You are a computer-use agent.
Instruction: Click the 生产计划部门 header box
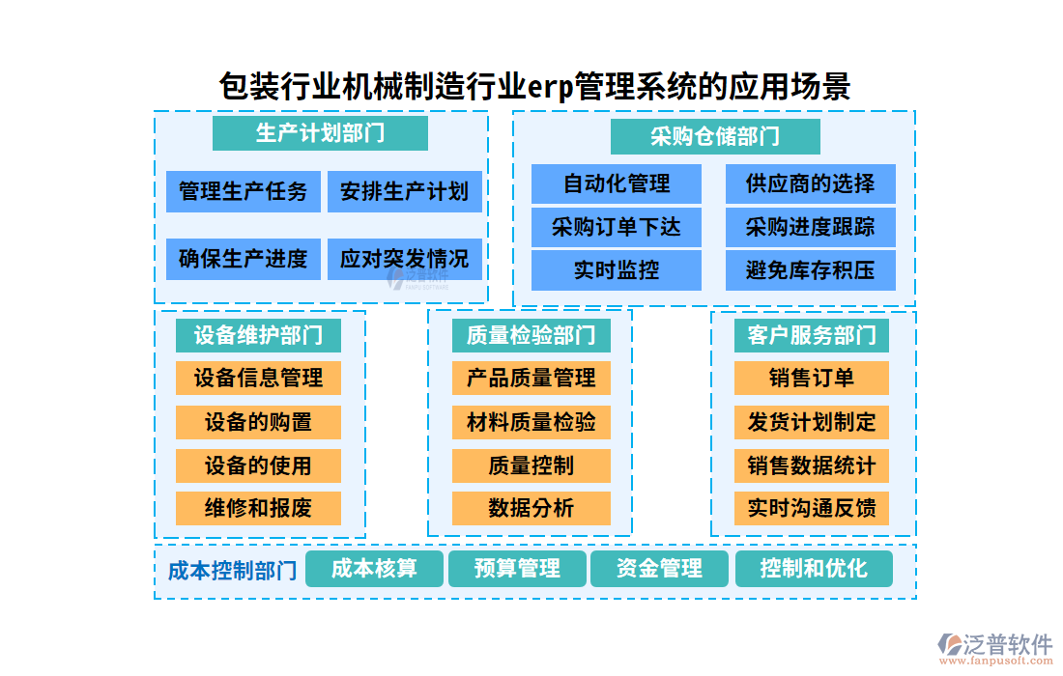[x=320, y=132]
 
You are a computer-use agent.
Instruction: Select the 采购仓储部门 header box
[x=715, y=136]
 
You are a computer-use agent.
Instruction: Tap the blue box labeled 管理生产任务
[x=244, y=191]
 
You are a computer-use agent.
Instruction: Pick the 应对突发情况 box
[x=404, y=259]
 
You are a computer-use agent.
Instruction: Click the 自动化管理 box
[x=617, y=183]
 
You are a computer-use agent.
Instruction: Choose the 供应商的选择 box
[x=810, y=183]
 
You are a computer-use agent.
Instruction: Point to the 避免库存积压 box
[x=810, y=270]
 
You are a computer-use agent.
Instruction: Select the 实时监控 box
[x=617, y=270]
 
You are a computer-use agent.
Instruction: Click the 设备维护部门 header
[x=258, y=335]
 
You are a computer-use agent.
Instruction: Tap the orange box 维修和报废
[x=258, y=508]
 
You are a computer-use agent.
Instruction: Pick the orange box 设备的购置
[x=258, y=422]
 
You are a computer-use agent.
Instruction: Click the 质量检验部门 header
[x=531, y=335]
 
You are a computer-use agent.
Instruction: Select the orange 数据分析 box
[x=531, y=508]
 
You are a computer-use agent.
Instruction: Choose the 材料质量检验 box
[x=531, y=422]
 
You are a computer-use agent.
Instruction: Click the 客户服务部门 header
[x=811, y=335]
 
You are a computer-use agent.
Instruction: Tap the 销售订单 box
[x=811, y=378]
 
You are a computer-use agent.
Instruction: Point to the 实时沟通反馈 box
[x=811, y=508]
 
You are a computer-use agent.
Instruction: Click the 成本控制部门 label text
[x=232, y=571]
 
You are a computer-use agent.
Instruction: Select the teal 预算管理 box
[x=517, y=569]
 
